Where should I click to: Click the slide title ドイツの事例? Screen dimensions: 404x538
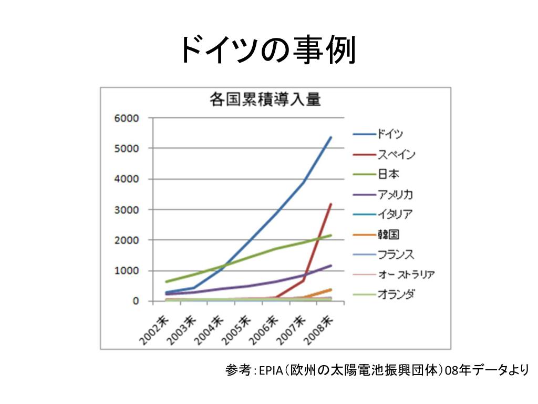268,50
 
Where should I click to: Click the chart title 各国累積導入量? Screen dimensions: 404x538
265,99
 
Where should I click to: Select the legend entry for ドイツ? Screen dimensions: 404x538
390,134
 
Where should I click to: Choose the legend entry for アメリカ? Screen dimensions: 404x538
395,195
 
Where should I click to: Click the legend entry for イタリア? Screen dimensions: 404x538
395,214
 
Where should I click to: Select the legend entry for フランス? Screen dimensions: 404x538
395,255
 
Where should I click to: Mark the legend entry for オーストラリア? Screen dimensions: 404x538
406,275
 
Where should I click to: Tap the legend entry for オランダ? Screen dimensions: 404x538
395,295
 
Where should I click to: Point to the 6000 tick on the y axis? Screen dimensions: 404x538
127,118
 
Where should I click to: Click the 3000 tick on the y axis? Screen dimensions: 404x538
127,210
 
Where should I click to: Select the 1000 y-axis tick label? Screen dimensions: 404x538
127,271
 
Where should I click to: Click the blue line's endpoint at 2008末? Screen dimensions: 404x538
330,137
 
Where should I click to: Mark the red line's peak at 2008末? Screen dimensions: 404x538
330,204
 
